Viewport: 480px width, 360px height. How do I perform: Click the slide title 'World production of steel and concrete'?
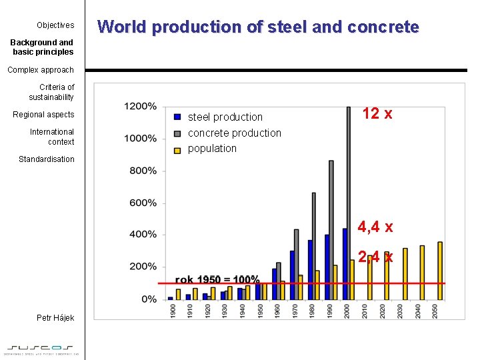(258, 27)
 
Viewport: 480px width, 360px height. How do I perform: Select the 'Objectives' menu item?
(55, 25)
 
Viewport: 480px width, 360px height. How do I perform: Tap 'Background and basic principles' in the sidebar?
(42, 47)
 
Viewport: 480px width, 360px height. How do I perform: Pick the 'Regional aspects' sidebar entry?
(43, 115)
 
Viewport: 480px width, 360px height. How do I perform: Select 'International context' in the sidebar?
(52, 137)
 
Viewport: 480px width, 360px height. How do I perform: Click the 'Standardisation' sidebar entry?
(47, 159)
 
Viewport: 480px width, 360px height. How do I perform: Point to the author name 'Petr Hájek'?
(55, 318)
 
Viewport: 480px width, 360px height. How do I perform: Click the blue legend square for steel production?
(177, 117)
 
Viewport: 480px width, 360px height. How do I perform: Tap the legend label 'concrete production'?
(234, 133)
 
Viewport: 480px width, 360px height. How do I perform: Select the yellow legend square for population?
(177, 149)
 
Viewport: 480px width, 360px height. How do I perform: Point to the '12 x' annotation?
(377, 114)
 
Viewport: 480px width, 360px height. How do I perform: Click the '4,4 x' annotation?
(375, 227)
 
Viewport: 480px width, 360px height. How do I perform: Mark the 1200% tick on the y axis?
(140, 107)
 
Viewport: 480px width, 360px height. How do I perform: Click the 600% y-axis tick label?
(143, 203)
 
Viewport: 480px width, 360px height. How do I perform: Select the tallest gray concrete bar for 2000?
(348, 200)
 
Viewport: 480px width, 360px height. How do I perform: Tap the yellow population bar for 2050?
(439, 270)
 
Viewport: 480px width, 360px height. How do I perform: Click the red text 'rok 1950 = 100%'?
(217, 279)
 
